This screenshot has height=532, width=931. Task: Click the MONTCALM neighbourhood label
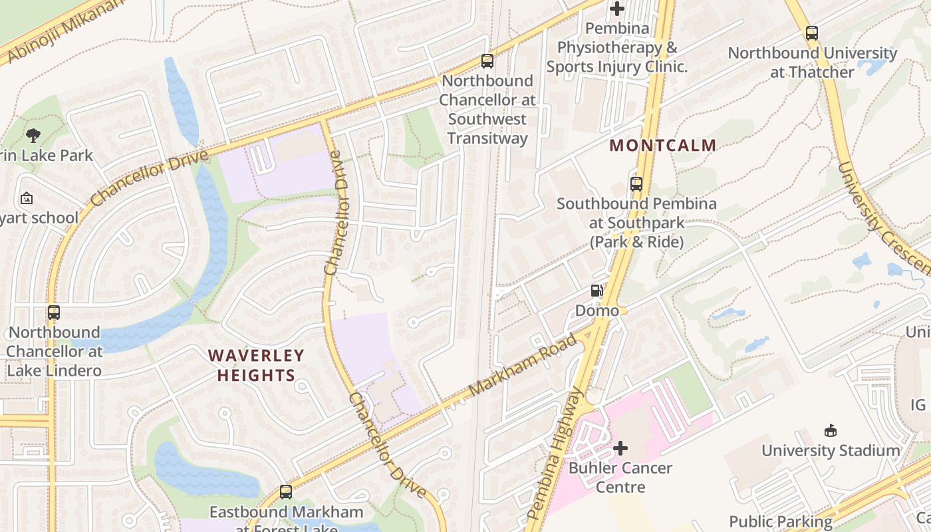coord(663,145)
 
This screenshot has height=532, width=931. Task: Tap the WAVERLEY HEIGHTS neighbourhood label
coord(256,365)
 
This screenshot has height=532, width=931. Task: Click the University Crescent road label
coord(880,219)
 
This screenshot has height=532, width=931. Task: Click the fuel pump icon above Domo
coord(597,291)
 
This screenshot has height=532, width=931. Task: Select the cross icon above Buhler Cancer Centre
coord(620,448)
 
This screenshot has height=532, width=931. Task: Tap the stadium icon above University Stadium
coord(831,431)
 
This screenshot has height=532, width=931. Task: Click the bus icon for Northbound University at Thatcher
coord(812,33)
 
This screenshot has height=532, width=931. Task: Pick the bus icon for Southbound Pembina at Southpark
coord(636,184)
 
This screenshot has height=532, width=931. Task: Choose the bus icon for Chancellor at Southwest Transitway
coord(487,61)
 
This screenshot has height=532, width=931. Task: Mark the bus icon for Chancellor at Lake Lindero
coord(54,313)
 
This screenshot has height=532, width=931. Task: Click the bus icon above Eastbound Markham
coord(286,492)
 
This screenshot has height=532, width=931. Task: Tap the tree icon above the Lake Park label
coord(33,136)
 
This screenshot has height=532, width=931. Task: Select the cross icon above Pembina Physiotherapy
coord(617,9)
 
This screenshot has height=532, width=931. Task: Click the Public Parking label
coord(781,521)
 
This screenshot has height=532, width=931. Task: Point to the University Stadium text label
coord(831,450)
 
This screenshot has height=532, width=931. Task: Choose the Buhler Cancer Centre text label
coord(620,477)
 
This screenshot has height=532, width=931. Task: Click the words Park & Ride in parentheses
coord(636,241)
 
